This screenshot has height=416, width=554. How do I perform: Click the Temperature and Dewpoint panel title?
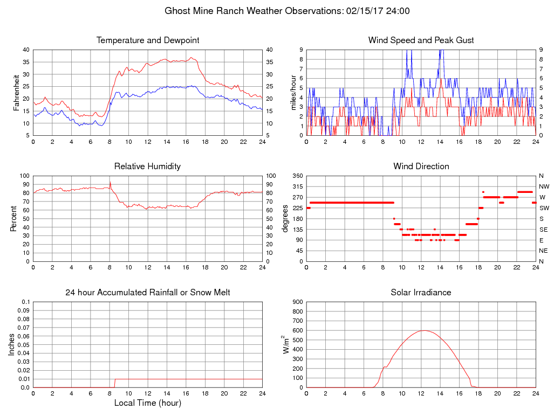click(148, 40)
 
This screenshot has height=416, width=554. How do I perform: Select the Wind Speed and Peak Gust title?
click(421, 40)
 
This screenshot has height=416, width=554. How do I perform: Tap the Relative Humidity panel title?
click(147, 167)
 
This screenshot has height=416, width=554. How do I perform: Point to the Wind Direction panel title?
click(421, 167)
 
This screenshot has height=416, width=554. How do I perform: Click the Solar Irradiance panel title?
click(421, 293)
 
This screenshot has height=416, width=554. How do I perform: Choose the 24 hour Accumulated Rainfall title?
click(148, 293)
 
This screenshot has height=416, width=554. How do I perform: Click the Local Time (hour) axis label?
click(148, 403)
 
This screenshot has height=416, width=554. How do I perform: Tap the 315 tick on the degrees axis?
click(297, 186)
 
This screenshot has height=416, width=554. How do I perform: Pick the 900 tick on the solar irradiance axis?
click(297, 302)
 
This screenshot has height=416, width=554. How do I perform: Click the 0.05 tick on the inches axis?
click(24, 345)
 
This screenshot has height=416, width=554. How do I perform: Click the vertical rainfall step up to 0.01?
click(115, 383)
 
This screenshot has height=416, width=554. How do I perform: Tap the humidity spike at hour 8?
click(110, 182)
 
